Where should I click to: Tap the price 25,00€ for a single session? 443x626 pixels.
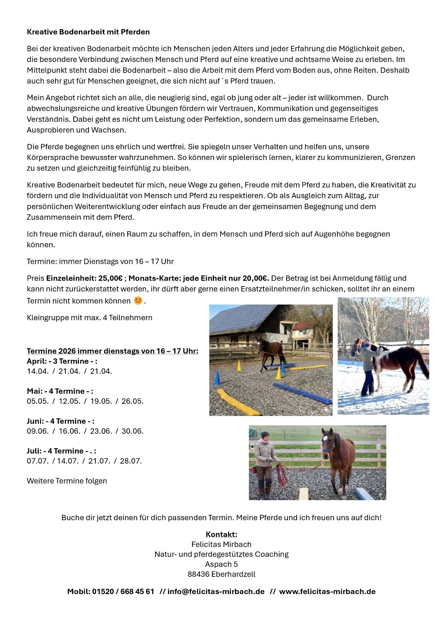click(x=110, y=278)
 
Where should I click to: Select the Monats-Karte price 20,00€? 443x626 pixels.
click(x=256, y=278)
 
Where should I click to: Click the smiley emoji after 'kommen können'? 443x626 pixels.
click(x=138, y=301)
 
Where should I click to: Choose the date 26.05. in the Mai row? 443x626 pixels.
click(x=132, y=401)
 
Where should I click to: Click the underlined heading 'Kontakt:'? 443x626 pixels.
click(x=221, y=534)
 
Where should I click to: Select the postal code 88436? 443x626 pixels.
click(x=198, y=574)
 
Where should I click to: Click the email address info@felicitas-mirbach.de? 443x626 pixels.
click(x=216, y=592)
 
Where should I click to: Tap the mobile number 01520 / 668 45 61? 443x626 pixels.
click(x=123, y=592)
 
